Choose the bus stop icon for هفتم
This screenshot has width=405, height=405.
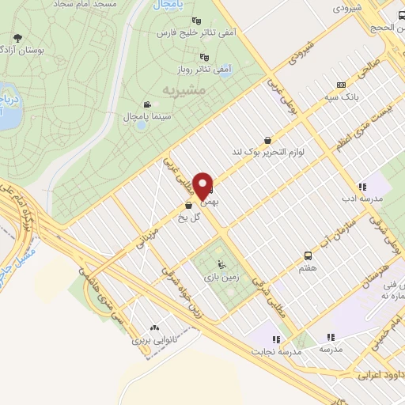click(x=308, y=255)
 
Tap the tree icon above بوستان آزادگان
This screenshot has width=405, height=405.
click(x=17, y=36)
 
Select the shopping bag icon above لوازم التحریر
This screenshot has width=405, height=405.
click(x=268, y=139)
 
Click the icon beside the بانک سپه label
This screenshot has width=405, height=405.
click(x=341, y=85)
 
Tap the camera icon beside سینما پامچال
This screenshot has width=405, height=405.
click(x=147, y=104)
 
